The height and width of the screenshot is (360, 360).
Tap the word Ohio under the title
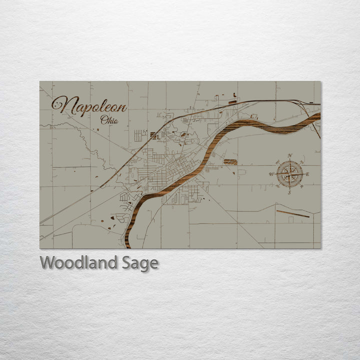tap(109, 120)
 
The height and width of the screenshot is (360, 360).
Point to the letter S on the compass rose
tap(289, 192)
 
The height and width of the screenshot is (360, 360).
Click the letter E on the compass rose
tap(307, 174)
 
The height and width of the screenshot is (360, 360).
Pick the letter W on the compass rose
tap(271, 174)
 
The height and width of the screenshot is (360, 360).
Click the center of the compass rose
tap(289, 174)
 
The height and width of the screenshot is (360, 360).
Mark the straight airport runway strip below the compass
tap(293, 213)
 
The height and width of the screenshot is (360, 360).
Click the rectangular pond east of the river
tap(230, 161)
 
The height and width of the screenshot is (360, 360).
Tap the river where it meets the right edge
tap(318, 117)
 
